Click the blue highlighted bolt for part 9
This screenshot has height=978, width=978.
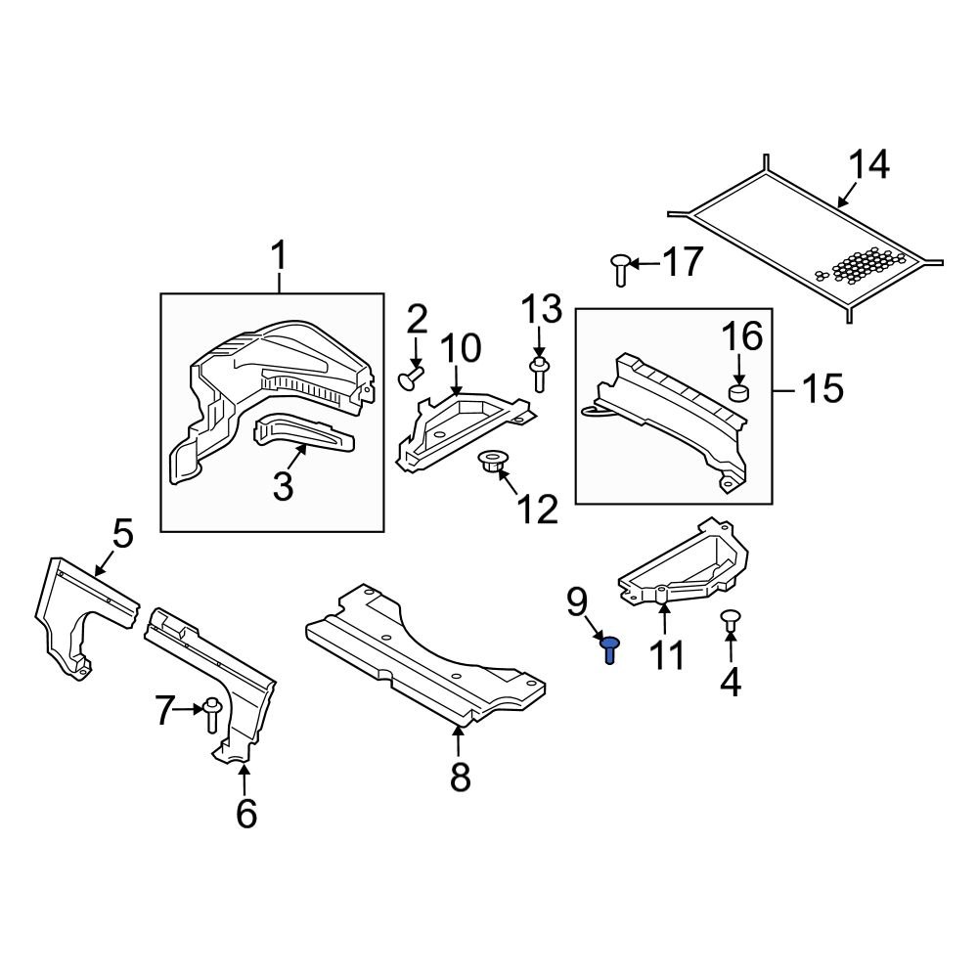pos(609,648)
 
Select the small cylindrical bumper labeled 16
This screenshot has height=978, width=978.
pos(739,394)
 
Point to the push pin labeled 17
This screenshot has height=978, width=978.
pos(619,267)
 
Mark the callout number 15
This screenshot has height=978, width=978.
pos(822,388)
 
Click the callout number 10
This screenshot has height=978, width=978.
pos(460,347)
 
